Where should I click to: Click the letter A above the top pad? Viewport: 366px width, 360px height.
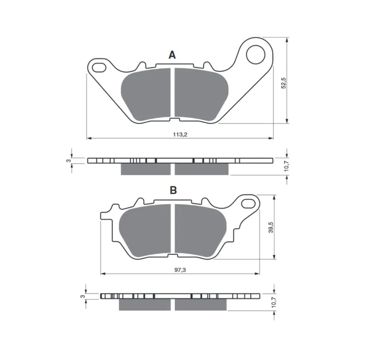coord(172,55)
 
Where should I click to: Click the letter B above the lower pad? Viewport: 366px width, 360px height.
coord(173,190)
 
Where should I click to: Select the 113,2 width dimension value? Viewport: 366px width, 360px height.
coord(180,135)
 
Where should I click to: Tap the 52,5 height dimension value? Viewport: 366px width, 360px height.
coord(283,83)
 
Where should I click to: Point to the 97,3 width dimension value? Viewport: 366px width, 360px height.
coord(180,270)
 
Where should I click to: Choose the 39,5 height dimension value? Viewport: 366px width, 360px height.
coord(271,228)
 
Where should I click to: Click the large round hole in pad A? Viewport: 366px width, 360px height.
coord(256,54)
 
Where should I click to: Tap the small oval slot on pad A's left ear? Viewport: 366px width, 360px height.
coord(99,67)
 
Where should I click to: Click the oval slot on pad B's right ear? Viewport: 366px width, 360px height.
coord(248,203)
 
